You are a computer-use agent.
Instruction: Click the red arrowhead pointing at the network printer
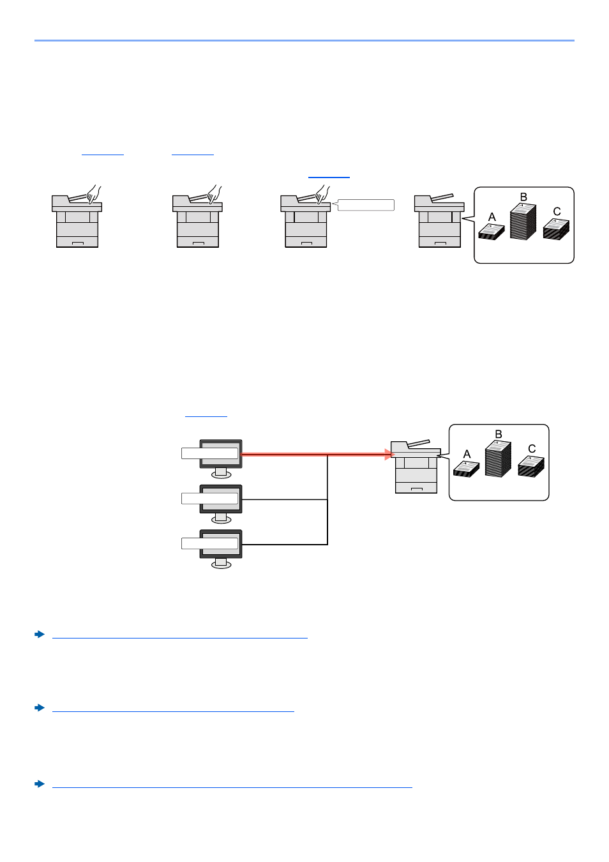[x=389, y=455]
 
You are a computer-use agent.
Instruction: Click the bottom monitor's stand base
[x=221, y=564]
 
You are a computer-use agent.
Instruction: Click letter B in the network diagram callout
[x=499, y=434]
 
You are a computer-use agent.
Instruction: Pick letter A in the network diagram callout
[x=467, y=454]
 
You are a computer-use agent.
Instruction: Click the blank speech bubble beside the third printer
[x=366, y=205]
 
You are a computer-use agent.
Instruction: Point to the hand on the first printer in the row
[x=94, y=193]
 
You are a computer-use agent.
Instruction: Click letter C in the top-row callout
[x=557, y=211]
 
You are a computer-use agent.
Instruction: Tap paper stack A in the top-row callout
[x=492, y=231]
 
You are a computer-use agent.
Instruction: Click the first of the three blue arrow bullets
[x=40, y=634]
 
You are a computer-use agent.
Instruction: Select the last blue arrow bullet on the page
[x=40, y=783]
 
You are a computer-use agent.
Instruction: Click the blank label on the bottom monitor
[x=210, y=543]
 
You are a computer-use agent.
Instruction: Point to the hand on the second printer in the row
[x=214, y=193]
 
